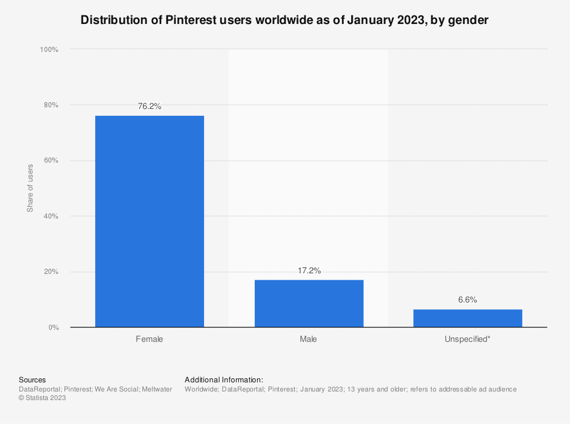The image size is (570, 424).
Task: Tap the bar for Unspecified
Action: pos(467,318)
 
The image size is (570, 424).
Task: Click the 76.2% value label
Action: pos(149,106)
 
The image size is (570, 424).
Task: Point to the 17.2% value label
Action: pos(309,270)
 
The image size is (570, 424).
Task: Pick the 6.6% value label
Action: pos(467,300)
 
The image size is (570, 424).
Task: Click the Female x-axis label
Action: pos(149,339)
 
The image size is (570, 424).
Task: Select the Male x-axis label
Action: pos(308,339)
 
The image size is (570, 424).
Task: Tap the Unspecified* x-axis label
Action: pos(467,339)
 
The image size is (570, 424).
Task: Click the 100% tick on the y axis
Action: pos(49,50)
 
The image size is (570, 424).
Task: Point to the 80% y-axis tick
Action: pos(51,105)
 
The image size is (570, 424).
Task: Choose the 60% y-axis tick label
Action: pos(51,160)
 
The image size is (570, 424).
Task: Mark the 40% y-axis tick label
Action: pos(51,216)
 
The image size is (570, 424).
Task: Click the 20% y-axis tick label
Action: pos(51,272)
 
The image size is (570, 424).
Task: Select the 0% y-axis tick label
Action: pos(52,328)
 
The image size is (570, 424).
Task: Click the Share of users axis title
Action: pos(30,188)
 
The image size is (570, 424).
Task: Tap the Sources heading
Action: pos(32,379)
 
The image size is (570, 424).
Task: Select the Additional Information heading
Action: pos(224,379)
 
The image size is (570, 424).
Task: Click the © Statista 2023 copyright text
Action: pos(43,398)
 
